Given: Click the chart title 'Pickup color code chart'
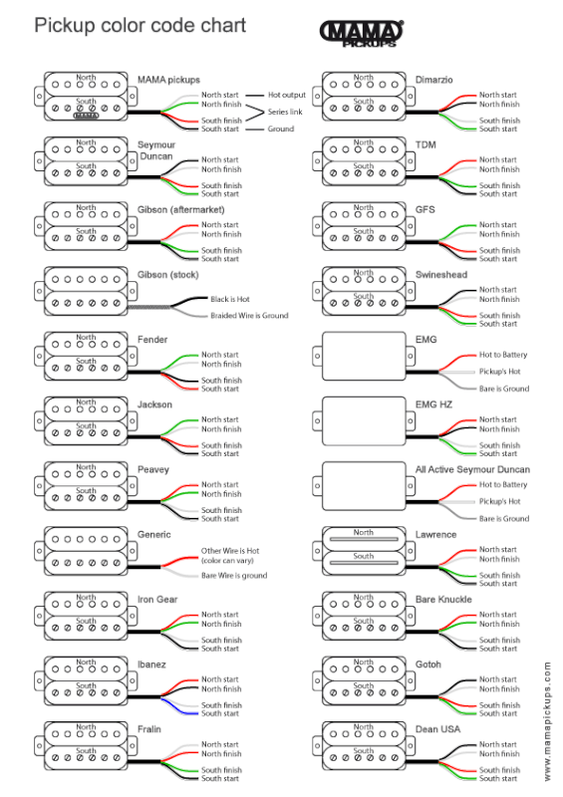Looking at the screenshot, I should coord(140,25).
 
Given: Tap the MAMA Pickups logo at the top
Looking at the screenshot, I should coord(361,34).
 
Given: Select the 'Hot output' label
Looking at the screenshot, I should coord(287,95).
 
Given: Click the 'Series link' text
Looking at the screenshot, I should coord(287,112).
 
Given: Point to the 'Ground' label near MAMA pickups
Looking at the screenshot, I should coord(280,129).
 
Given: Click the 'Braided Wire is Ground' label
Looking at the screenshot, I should coord(249,316).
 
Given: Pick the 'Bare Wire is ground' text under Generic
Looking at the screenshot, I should coord(234,575).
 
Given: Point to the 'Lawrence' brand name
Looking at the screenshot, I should coord(435,534).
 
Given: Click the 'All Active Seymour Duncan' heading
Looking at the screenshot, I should coord(472,469).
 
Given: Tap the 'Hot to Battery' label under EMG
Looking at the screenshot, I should coord(503,355).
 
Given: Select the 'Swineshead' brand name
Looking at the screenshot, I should coord(442,274).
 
